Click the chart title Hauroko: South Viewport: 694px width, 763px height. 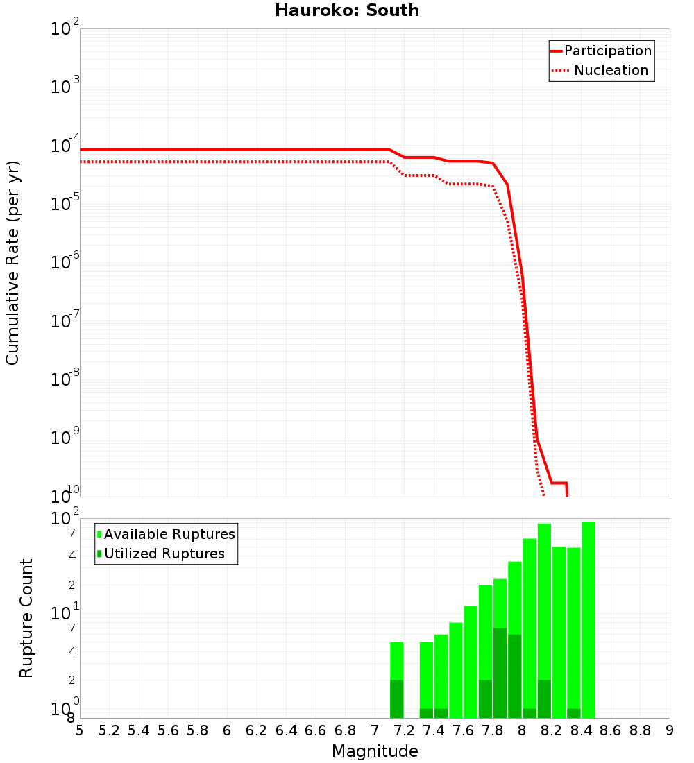point(347,10)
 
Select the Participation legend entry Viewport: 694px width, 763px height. point(607,51)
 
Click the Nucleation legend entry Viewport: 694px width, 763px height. point(611,70)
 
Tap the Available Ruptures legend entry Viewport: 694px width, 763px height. point(169,534)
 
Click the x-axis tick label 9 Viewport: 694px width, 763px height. point(669,730)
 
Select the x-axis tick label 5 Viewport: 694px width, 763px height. point(80,730)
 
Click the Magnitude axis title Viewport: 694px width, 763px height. point(375,751)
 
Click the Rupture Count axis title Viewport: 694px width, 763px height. point(26,617)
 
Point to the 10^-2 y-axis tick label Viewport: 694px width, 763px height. point(65,29)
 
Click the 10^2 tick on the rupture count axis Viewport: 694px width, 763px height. point(65,519)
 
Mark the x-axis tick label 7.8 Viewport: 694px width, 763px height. point(492,730)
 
